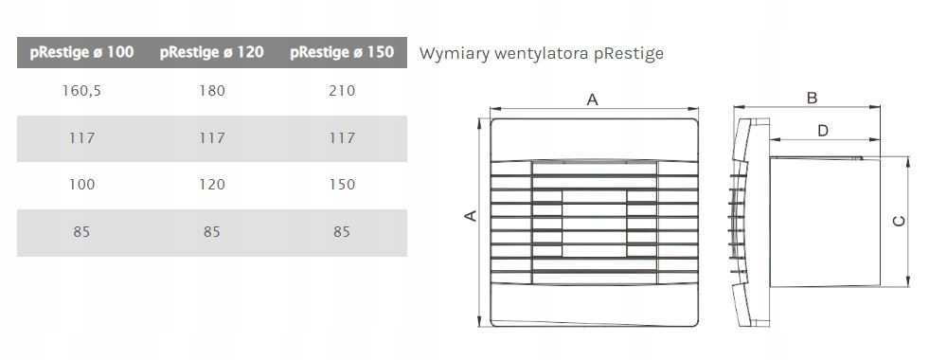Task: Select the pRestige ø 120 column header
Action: pos(211,53)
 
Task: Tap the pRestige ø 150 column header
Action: pos(342,53)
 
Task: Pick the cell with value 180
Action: pos(211,92)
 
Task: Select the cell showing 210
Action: pos(342,92)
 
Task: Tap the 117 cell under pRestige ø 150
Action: pos(342,138)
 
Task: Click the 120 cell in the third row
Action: pos(211,185)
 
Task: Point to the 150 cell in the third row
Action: pos(342,185)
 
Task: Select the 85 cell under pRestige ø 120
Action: pos(211,231)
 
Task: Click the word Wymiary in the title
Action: pos(449,53)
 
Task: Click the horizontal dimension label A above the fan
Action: pos(593,99)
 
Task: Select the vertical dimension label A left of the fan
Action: pos(468,217)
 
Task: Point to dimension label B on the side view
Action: pos(812,99)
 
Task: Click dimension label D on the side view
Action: pos(822,130)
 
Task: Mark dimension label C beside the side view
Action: pos(899,221)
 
